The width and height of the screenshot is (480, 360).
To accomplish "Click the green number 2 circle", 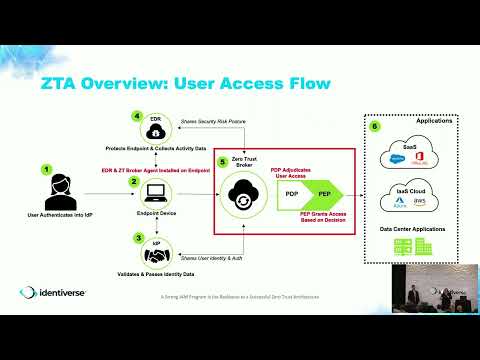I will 132,182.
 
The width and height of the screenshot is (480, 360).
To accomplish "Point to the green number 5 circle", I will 223,161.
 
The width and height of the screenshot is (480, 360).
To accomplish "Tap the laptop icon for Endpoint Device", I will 156,191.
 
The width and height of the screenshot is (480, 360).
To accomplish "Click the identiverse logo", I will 55,293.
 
